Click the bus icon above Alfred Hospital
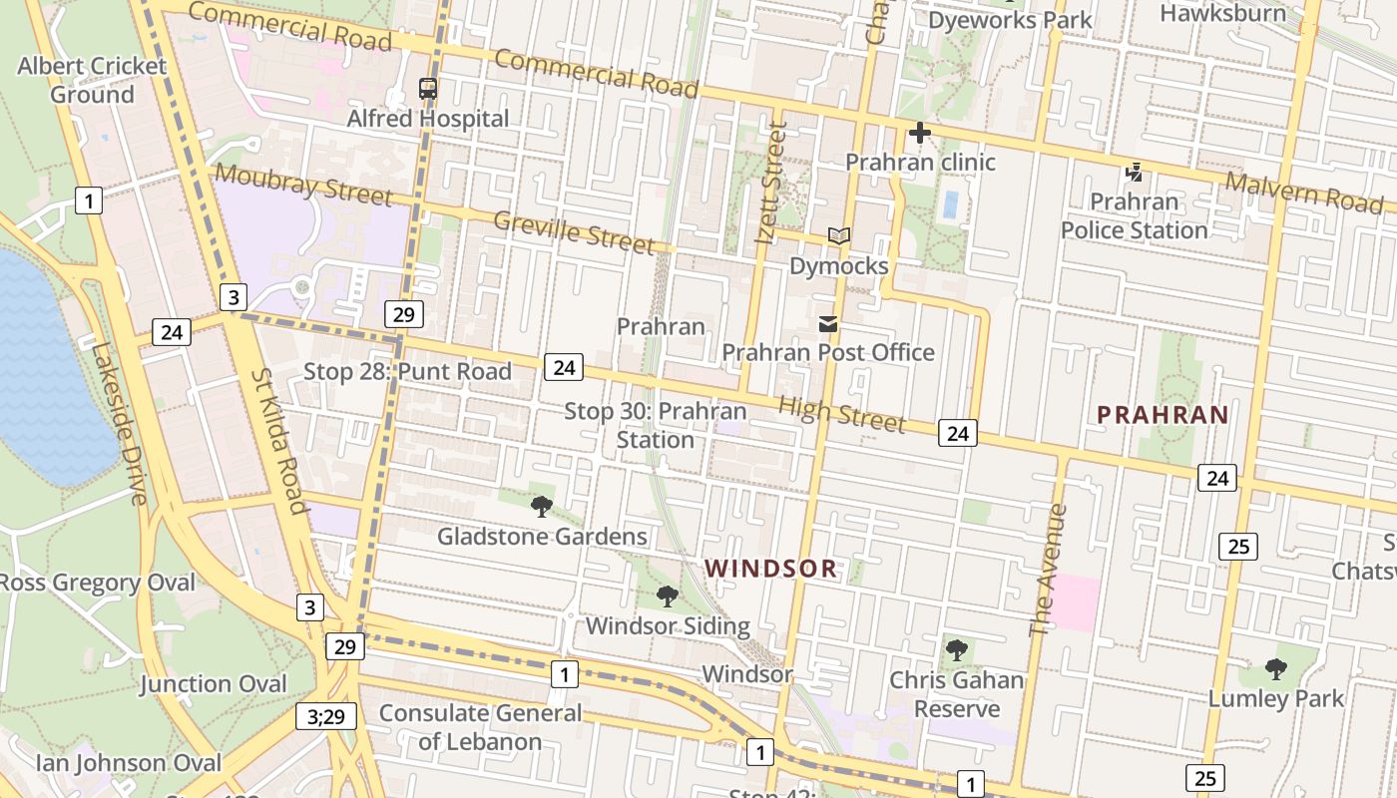(x=428, y=89)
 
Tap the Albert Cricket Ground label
(x=92, y=80)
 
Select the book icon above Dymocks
(x=839, y=236)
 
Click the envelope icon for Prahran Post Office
(x=828, y=323)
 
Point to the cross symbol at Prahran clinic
(x=919, y=133)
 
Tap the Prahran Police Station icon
(x=1134, y=173)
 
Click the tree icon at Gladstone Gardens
(x=542, y=507)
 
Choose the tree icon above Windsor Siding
(x=668, y=597)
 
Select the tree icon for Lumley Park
(x=1276, y=669)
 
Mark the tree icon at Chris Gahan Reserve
(x=957, y=650)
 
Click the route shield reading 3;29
(x=325, y=715)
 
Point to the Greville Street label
(x=574, y=232)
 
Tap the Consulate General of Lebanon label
(x=480, y=727)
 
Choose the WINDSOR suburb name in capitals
(x=770, y=569)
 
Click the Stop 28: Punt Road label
(x=407, y=372)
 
